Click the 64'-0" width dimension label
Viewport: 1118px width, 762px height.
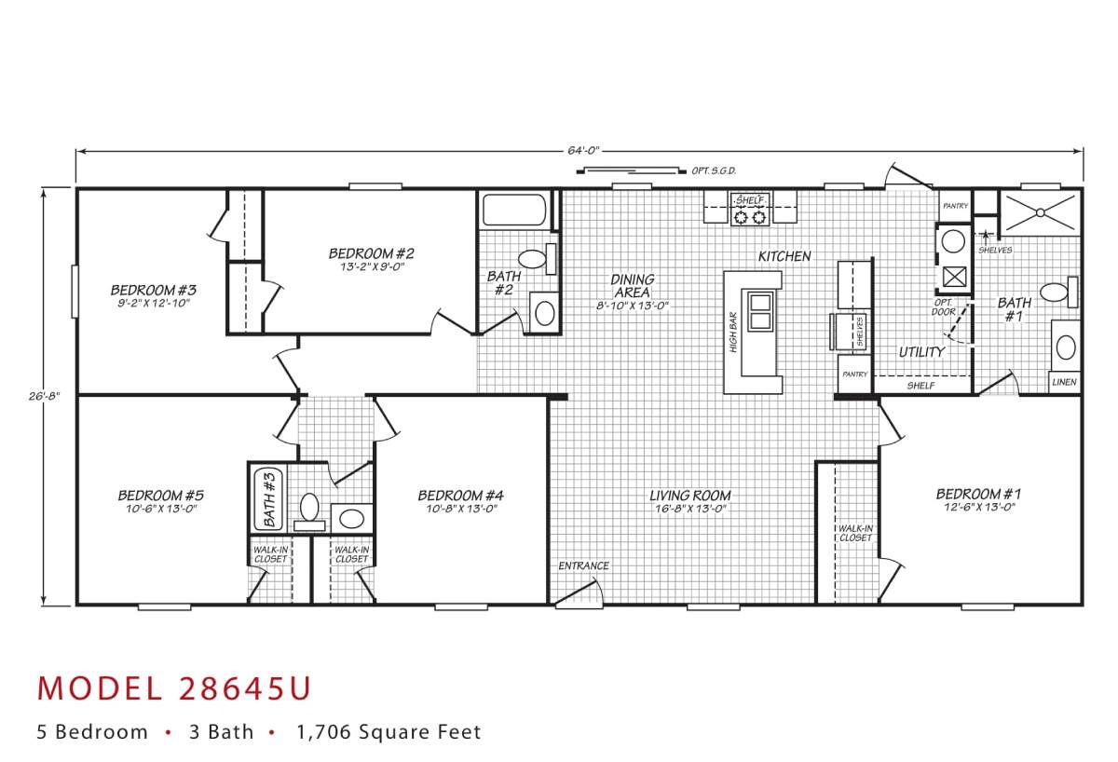[x=582, y=151]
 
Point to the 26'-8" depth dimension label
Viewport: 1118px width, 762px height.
[x=44, y=397]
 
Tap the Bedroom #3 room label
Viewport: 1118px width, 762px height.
[x=153, y=290]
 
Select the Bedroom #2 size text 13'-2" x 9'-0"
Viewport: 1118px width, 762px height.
[x=372, y=267]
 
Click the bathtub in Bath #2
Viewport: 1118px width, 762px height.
[x=514, y=210]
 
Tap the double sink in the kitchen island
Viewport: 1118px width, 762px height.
[x=760, y=312]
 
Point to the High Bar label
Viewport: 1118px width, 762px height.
[x=733, y=333]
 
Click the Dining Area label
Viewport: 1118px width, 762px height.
[x=633, y=286]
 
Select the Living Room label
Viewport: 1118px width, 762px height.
[x=690, y=496]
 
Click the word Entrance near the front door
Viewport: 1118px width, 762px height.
[x=583, y=565]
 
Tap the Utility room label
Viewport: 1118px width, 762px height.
[x=921, y=352]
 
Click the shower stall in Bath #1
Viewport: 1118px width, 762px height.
[x=1040, y=213]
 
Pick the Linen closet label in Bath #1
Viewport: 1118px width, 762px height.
[x=1064, y=382]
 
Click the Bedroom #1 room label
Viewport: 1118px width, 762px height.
[x=978, y=494]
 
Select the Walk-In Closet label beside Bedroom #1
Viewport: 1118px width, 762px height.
[x=855, y=533]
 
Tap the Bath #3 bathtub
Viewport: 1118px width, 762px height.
[x=268, y=499]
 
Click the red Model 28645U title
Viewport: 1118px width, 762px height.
[x=174, y=688]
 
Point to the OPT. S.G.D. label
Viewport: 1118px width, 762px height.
[x=714, y=171]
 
